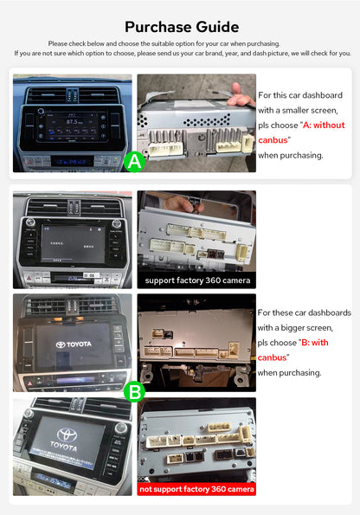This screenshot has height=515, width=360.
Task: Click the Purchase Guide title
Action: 181,27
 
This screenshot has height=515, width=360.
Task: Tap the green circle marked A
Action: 134,161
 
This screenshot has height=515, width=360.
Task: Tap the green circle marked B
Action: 134,392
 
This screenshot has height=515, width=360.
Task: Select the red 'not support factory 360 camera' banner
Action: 196,489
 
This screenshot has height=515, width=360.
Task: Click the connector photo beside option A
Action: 196,121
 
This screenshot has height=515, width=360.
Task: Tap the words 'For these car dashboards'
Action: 304,312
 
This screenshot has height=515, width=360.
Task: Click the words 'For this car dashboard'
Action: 300,95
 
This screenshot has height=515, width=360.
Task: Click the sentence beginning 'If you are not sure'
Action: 181,54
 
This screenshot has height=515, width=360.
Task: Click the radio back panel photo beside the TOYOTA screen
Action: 196,342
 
